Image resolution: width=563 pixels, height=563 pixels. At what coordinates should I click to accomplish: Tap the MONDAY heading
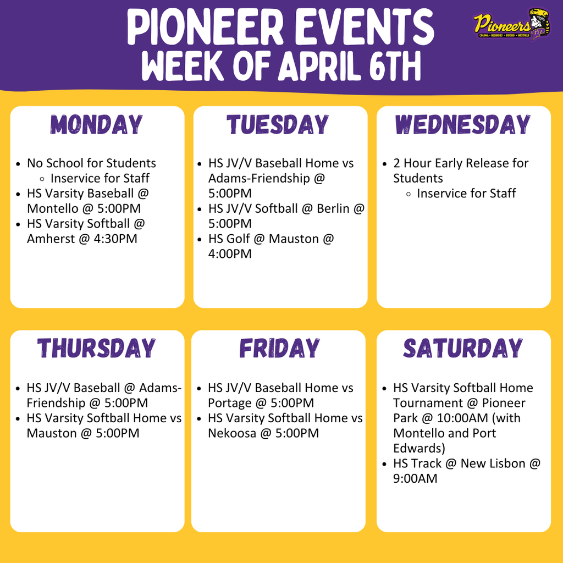coord(97,125)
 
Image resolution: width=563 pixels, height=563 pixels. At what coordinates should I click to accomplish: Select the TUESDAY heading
coord(278,125)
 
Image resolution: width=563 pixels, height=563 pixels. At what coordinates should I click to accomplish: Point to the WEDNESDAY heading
coord(463,125)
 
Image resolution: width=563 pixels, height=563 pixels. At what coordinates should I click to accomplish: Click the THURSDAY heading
coord(97,349)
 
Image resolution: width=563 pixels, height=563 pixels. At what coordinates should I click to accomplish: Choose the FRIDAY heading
coord(279,349)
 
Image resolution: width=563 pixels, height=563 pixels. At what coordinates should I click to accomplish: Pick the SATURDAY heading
coord(463,349)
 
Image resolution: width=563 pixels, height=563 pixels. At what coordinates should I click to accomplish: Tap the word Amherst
coord(52,239)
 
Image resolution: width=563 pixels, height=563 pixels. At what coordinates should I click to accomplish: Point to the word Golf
coord(239,239)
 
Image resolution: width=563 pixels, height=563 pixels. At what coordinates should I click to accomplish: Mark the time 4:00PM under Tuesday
coord(230,254)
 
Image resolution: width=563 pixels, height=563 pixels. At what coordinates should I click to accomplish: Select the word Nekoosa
coord(233,433)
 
